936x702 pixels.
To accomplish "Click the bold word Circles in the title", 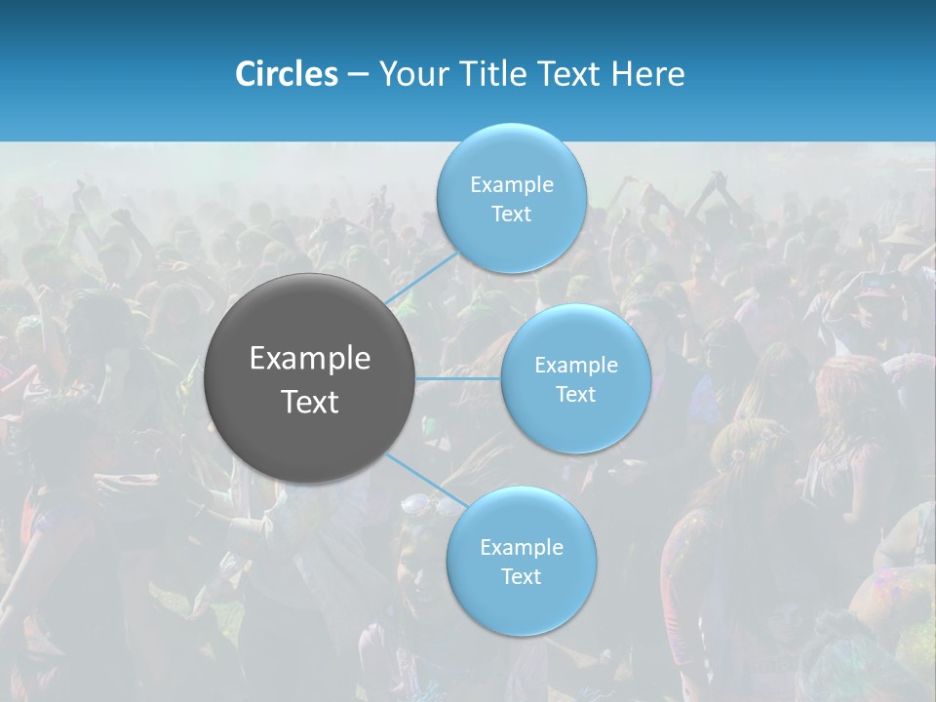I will coord(287,74).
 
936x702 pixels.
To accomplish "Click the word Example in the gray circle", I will coord(310,359).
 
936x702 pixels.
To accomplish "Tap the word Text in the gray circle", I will coord(310,402).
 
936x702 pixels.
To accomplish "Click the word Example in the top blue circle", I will coord(512,185).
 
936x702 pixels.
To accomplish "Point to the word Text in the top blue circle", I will coord(511,214).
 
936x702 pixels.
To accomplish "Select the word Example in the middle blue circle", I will coord(576,366).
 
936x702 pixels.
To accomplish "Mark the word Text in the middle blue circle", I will coord(575,395).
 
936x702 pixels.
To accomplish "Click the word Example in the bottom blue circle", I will coord(522,548).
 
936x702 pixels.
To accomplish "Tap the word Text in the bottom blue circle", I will coord(521,577).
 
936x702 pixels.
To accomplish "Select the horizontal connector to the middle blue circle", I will coord(458,377).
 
